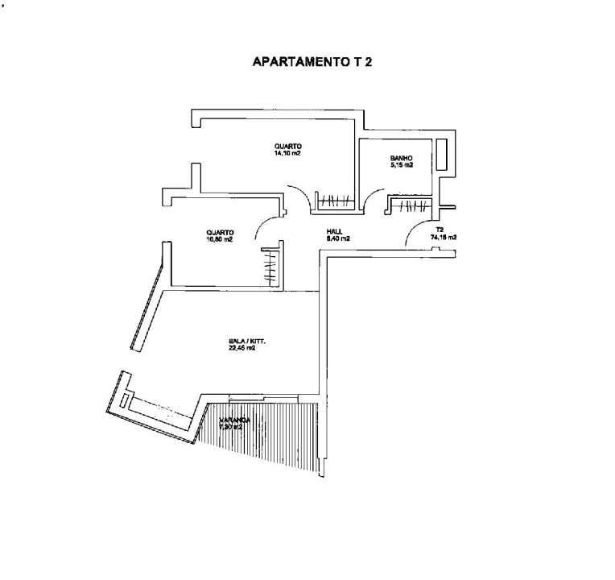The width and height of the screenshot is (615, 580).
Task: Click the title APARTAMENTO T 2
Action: (313, 61)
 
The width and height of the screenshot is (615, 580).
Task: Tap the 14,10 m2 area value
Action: (287, 153)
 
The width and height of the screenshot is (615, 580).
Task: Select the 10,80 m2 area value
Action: (219, 239)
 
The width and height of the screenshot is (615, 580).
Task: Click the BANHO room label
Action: (402, 158)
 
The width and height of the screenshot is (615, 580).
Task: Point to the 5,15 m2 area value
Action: (402, 165)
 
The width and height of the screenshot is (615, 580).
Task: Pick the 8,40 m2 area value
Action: (337, 238)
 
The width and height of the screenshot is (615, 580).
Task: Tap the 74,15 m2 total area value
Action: (443, 238)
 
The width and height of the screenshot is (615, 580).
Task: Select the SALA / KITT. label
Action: (247, 342)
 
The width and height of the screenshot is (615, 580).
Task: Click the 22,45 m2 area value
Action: (246, 349)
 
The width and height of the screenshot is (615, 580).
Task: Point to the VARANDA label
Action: (235, 420)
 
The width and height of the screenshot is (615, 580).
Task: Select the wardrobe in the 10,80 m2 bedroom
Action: (271, 266)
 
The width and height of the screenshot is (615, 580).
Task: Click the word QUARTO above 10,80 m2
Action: (220, 232)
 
